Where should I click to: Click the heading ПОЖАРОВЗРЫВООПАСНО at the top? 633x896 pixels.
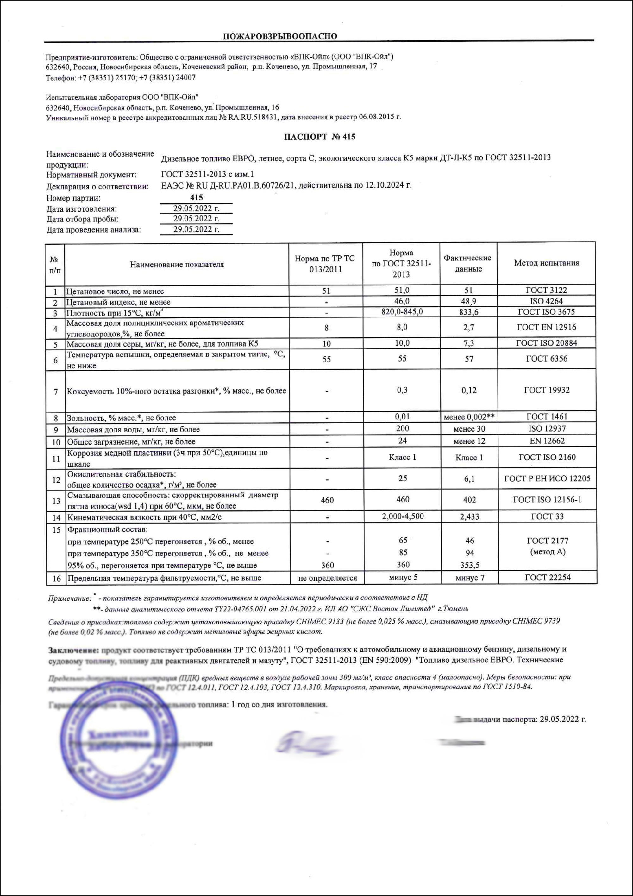(280, 36)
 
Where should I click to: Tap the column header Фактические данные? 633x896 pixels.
(468, 263)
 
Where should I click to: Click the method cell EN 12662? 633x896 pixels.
(547, 441)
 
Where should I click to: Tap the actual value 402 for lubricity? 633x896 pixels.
(469, 500)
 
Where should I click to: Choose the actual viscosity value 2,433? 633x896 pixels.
(469, 517)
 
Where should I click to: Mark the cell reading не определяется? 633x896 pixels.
(327, 578)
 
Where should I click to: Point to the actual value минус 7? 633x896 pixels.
(470, 578)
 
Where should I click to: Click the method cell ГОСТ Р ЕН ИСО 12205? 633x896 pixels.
(547, 478)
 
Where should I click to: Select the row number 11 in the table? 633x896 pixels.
(56, 458)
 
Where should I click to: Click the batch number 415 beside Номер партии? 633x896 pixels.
(197, 197)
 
